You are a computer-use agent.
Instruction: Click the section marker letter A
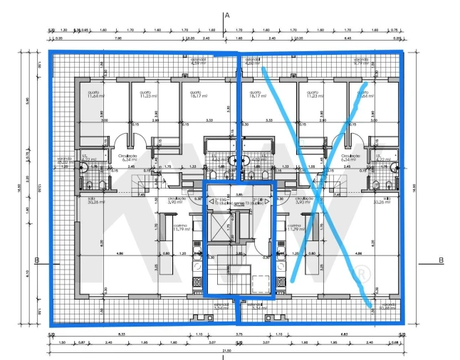(226, 14)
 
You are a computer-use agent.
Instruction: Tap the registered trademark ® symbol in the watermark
(363, 273)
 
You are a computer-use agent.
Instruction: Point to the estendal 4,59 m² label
(199, 61)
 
